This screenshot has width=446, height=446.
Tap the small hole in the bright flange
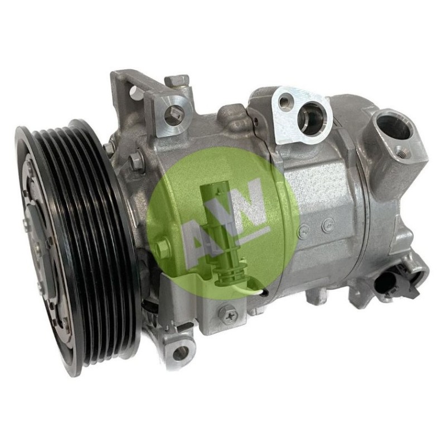tap(284, 102)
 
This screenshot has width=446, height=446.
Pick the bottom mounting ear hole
tap(179, 353)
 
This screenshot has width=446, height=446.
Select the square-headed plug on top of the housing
tap(176, 81)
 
